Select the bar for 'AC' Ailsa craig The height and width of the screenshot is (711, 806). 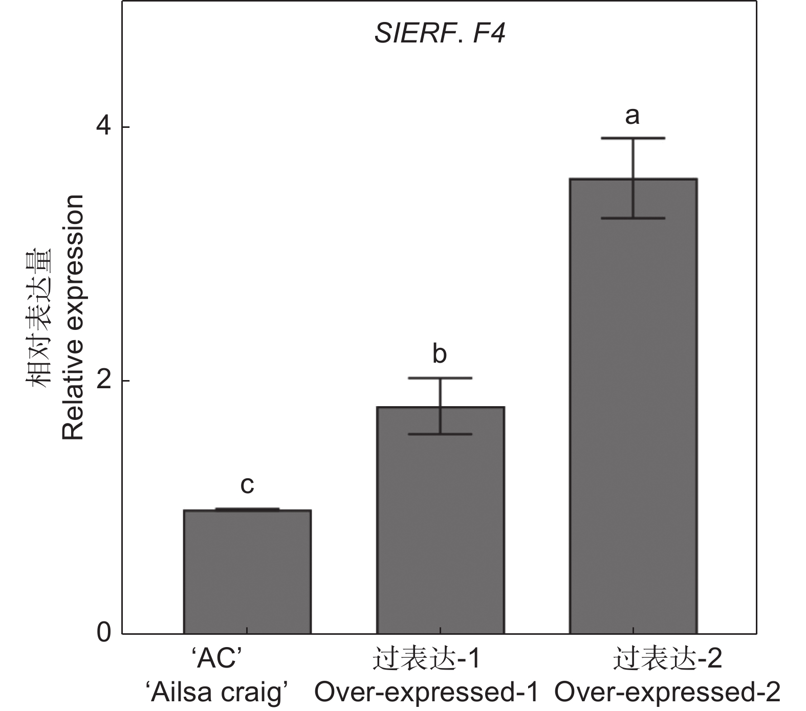(247, 571)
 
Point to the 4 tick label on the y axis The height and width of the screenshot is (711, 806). (104, 127)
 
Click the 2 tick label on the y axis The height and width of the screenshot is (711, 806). (104, 381)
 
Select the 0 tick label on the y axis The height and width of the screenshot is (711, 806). (104, 633)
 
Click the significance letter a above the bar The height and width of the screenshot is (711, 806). (633, 116)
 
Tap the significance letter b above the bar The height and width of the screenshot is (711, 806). (440, 354)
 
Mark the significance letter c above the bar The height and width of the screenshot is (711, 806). (247, 485)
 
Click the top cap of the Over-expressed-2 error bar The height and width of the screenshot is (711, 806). (633, 138)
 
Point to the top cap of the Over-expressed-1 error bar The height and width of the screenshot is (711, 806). (440, 378)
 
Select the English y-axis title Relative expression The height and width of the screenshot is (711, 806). (73, 317)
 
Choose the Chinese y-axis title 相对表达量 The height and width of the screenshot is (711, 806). (40, 317)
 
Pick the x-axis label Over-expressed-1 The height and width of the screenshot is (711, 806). (426, 693)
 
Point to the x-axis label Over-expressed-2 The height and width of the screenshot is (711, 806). (667, 693)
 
